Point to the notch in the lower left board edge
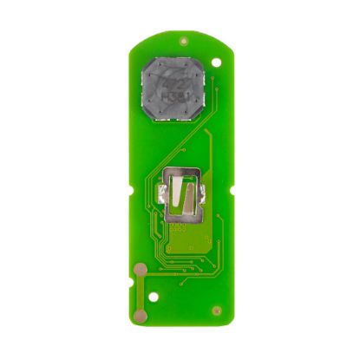[x=134, y=260]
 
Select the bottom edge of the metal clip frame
[x=184, y=216]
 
